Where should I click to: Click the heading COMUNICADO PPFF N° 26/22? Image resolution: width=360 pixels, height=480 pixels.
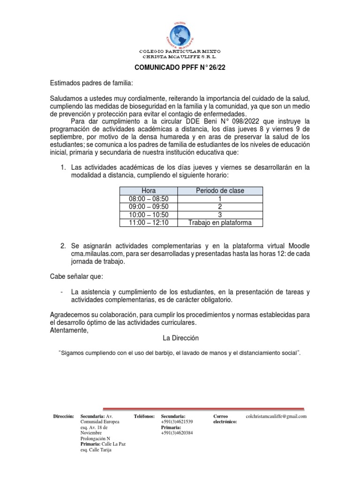coord(180,67)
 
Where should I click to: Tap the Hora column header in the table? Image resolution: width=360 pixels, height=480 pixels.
coord(149,191)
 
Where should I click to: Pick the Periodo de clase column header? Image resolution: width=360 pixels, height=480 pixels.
coord(220,191)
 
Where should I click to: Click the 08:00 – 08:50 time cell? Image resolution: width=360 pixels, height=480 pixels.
coord(149,199)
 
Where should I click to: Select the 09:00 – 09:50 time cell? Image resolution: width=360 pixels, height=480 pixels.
coord(149,207)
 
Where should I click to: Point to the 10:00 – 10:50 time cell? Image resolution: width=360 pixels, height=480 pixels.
coord(149,215)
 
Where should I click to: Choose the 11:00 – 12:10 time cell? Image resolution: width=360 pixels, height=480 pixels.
coord(149,223)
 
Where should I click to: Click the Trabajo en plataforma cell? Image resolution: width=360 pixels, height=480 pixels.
coord(220,223)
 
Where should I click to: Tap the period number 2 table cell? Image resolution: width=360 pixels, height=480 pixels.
coord(220,207)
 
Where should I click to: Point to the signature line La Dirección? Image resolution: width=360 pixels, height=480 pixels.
coord(180,338)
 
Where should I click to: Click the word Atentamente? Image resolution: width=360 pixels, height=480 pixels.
coord(68,330)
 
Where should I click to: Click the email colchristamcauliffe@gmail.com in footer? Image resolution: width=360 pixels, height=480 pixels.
coord(276,416)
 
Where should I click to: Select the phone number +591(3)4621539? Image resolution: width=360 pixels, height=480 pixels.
coord(177,422)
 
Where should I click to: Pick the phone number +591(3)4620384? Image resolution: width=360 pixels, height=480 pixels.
coord(177,433)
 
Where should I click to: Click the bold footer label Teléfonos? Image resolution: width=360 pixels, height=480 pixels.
coord(144,416)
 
